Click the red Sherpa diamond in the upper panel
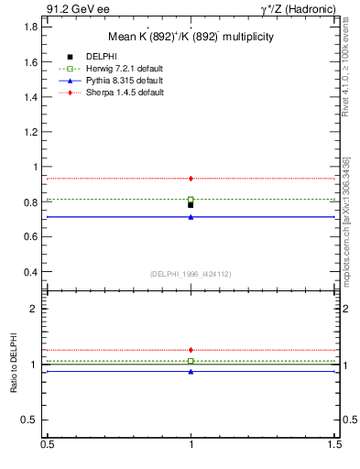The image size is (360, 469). [x=191, y=178]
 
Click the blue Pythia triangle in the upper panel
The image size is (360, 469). [x=191, y=217]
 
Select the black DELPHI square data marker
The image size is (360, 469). [x=191, y=205]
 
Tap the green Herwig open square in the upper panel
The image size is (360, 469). [x=191, y=199]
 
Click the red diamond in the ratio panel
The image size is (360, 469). [x=191, y=350]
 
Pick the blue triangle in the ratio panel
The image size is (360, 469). [x=191, y=371]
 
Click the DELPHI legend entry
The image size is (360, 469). [x=102, y=57]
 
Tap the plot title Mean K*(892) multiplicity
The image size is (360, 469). [x=191, y=37]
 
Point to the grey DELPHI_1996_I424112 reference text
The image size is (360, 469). [x=191, y=274]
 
